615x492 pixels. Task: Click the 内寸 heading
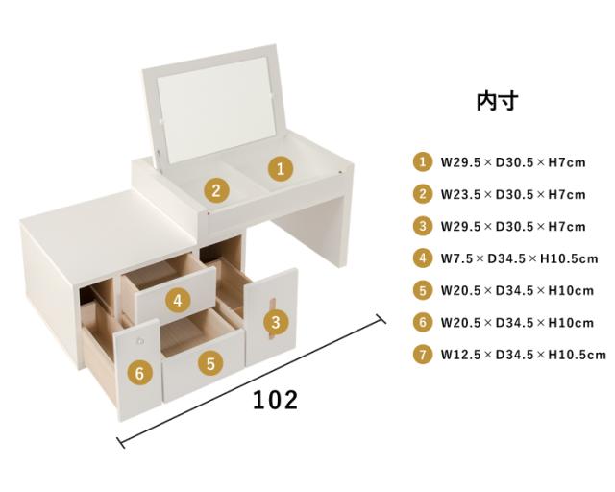(497, 101)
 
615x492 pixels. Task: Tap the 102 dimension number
(275, 400)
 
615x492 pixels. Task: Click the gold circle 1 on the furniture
(281, 169)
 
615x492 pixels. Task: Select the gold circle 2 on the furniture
(216, 190)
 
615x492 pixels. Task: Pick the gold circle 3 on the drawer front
(276, 322)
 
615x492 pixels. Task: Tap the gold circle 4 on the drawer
(178, 301)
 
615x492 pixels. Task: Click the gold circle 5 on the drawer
(211, 363)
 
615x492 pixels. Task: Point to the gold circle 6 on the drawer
(139, 373)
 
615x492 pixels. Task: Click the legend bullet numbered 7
(423, 355)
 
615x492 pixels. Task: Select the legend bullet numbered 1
(423, 161)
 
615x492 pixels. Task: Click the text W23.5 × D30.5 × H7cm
(513, 195)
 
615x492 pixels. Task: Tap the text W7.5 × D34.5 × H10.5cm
(519, 258)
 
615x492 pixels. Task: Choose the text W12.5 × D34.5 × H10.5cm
(523, 355)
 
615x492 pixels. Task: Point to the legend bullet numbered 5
(423, 290)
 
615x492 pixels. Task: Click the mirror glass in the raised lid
(217, 110)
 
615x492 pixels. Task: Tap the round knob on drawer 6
(140, 341)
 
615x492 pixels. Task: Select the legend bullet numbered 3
(423, 226)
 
